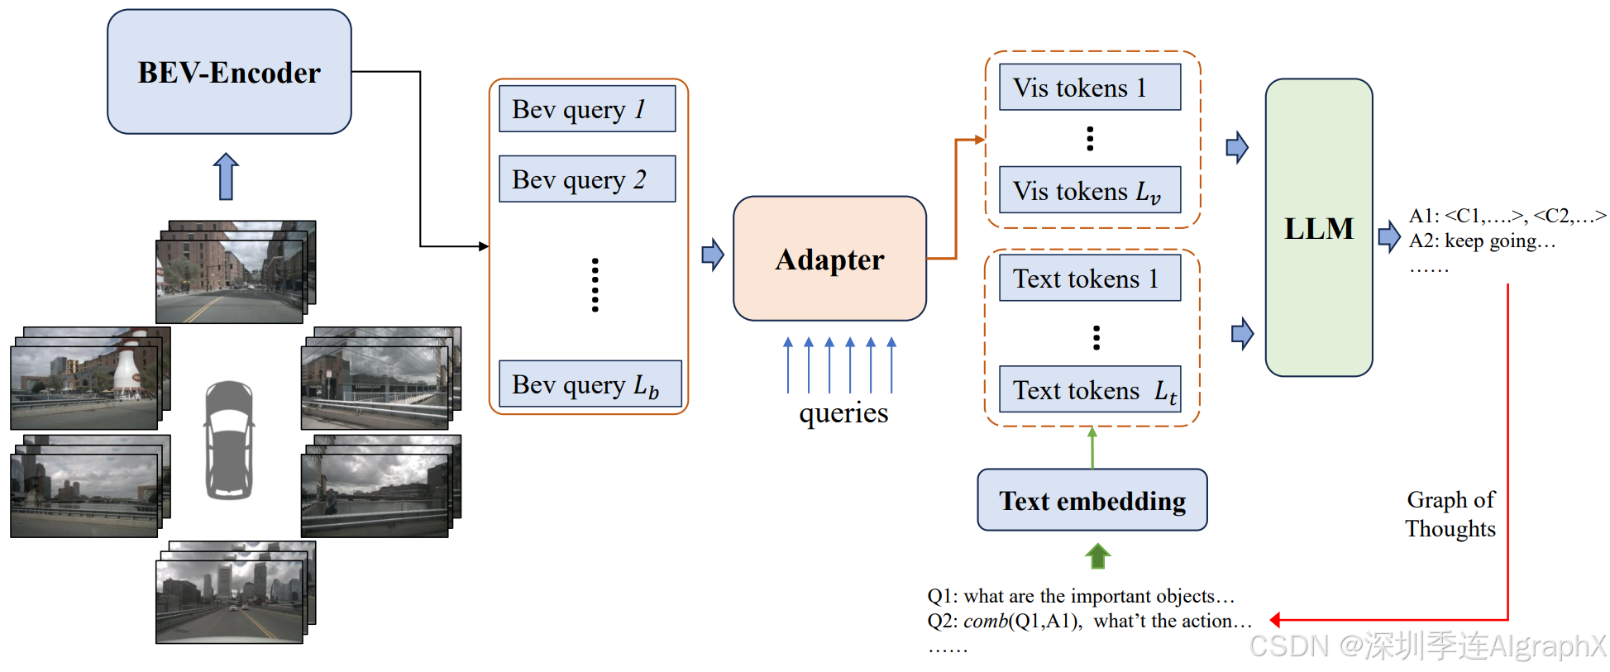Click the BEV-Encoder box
click(x=229, y=72)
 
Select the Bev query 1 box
click(x=587, y=109)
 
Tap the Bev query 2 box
click(x=587, y=179)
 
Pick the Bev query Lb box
click(x=590, y=384)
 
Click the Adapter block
click(x=829, y=259)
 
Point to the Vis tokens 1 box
click(x=1090, y=87)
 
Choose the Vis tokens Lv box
click(x=1090, y=190)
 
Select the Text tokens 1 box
click(x=1090, y=278)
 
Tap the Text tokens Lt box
click(x=1090, y=389)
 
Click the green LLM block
click(x=1319, y=227)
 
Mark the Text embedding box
click(x=1092, y=500)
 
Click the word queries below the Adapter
click(x=843, y=412)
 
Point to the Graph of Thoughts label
click(x=1450, y=514)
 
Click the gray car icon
click(x=229, y=440)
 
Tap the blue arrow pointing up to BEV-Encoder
click(x=226, y=176)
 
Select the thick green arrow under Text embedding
click(x=1097, y=556)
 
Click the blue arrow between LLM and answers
click(x=1389, y=236)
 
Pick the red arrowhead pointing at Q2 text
click(x=1275, y=620)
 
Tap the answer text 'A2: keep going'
click(x=1482, y=241)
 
